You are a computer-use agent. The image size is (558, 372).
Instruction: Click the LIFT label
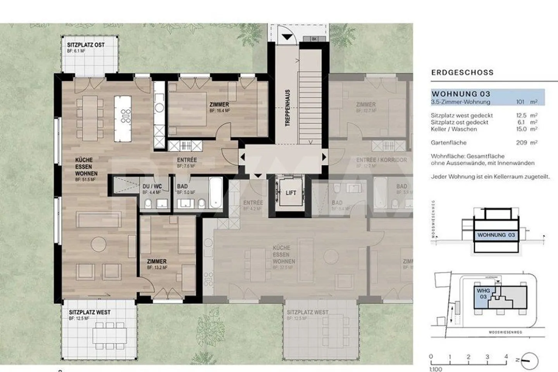pos(291,193)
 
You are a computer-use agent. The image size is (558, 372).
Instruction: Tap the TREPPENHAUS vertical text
pos(288,108)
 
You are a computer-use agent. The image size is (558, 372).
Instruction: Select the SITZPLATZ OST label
pos(86,45)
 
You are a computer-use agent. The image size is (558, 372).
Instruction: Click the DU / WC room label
pos(152,186)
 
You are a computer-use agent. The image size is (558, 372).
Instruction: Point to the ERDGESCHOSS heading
pos(462,72)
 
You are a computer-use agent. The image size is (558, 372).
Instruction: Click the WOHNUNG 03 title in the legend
pos(461,94)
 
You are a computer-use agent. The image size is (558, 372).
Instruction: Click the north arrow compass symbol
pos(529,361)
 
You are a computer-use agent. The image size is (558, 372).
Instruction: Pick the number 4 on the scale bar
pos(506,356)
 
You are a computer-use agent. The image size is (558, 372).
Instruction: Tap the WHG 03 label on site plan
pos(483,294)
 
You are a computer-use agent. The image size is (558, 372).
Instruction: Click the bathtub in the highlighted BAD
pos(216,193)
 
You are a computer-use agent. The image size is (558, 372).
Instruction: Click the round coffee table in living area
pos(98,244)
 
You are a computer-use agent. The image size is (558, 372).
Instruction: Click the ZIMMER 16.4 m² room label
pos(219,105)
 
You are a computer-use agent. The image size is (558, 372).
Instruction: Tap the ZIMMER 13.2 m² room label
pos(157,262)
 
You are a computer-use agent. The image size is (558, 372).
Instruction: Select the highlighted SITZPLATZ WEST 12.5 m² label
pos(90,312)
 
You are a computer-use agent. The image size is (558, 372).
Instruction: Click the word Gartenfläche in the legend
pos(448,143)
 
